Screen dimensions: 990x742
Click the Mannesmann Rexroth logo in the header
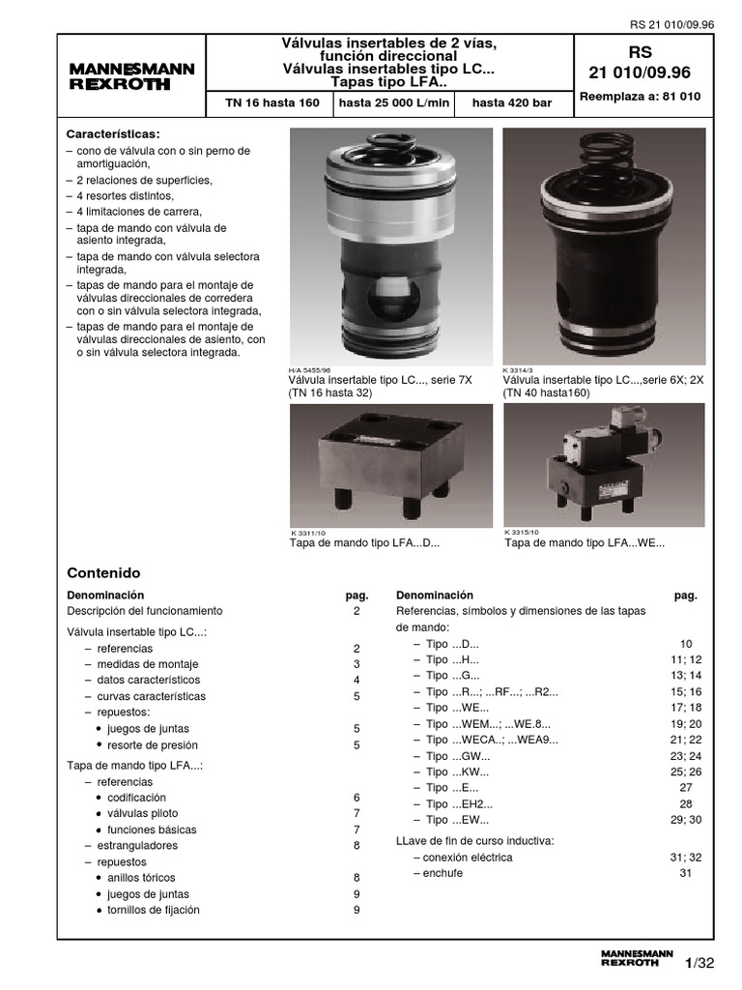[x=131, y=76]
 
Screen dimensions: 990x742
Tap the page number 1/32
[x=699, y=963]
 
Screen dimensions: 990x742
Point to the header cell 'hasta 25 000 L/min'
[x=395, y=102]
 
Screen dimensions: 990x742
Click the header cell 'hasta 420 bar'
[x=512, y=102]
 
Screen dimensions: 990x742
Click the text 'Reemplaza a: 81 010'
[x=639, y=97]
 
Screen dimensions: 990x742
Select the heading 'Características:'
[x=112, y=134]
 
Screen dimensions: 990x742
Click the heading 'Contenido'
[x=103, y=572]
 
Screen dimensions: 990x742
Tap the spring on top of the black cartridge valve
[x=606, y=158]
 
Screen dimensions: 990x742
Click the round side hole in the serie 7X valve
[x=390, y=290]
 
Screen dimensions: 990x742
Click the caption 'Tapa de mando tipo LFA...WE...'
[x=585, y=543]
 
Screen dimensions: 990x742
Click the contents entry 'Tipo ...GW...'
[x=458, y=756]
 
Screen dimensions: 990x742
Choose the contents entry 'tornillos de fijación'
[x=153, y=910]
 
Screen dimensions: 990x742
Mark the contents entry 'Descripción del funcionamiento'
[x=145, y=611]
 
